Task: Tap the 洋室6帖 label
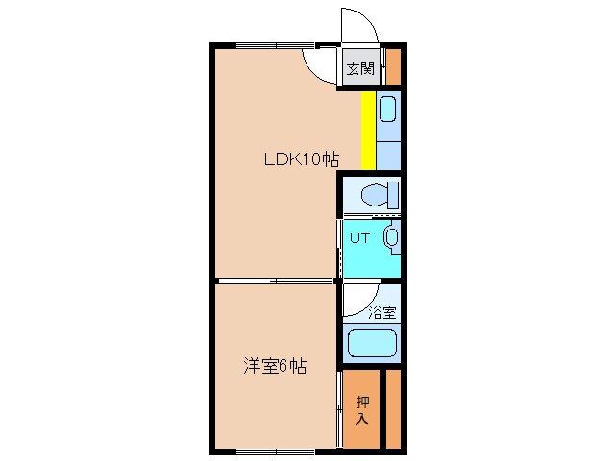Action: pyautogui.click(x=275, y=365)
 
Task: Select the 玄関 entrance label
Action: pyautogui.click(x=360, y=69)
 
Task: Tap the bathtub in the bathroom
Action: pyautogui.click(x=372, y=343)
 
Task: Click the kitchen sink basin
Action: pyautogui.click(x=388, y=109)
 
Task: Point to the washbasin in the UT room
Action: pyautogui.click(x=391, y=236)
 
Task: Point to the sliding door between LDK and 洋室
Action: pyautogui.click(x=276, y=280)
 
